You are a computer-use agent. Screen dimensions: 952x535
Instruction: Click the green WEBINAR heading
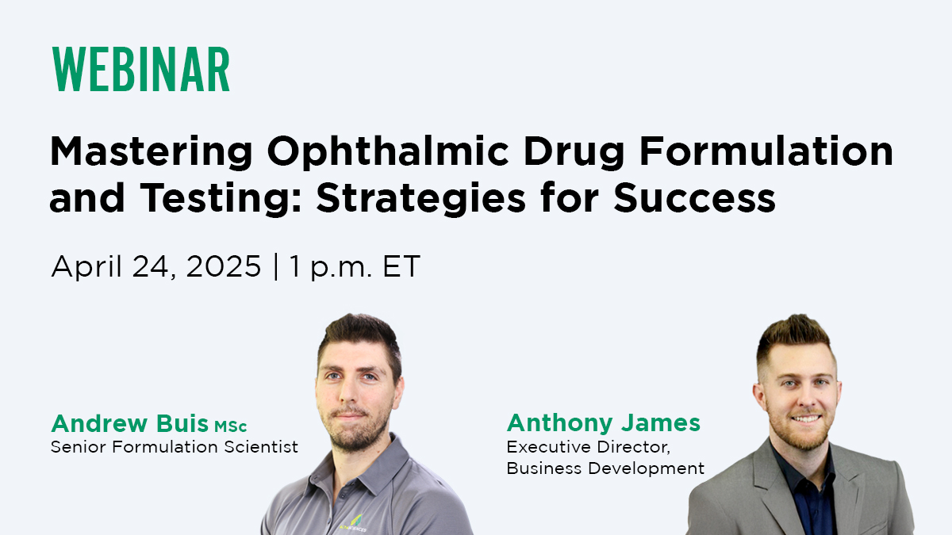[140, 69]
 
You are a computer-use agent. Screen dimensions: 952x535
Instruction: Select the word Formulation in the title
[766, 151]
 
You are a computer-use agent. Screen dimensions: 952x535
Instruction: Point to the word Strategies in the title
[420, 199]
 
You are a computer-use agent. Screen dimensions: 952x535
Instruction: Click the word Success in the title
[694, 197]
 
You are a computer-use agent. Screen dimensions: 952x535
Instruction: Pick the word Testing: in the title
[221, 199]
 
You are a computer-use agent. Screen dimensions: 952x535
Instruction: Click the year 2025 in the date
[224, 266]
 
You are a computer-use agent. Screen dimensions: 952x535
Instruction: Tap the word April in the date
[86, 266]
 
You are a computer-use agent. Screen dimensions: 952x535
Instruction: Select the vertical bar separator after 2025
[276, 266]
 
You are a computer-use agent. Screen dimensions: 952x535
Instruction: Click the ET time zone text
[401, 266]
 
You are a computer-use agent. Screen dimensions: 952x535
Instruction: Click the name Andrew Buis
[129, 423]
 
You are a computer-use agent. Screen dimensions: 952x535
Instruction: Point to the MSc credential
[230, 426]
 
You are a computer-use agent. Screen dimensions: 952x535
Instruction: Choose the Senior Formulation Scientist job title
[175, 447]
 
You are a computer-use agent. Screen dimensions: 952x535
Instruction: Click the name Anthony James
[604, 423]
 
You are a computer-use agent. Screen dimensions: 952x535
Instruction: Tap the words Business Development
[605, 468]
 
